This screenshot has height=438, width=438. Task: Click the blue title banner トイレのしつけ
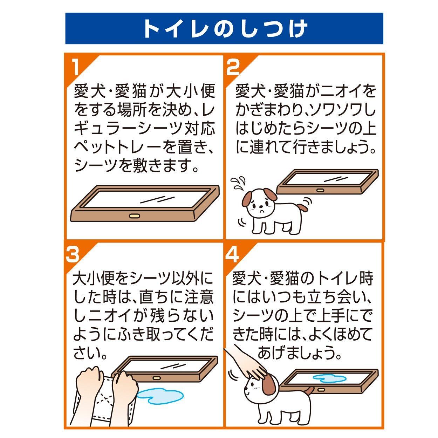tap(224, 28)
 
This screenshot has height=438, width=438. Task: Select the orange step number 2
tap(233, 67)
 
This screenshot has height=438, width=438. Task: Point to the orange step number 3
tap(73, 254)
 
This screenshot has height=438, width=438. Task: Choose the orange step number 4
tap(232, 254)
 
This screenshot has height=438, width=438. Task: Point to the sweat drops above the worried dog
tap(239, 183)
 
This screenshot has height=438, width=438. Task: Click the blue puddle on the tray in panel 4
tap(330, 378)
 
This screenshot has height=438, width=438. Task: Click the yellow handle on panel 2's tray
tap(321, 190)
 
